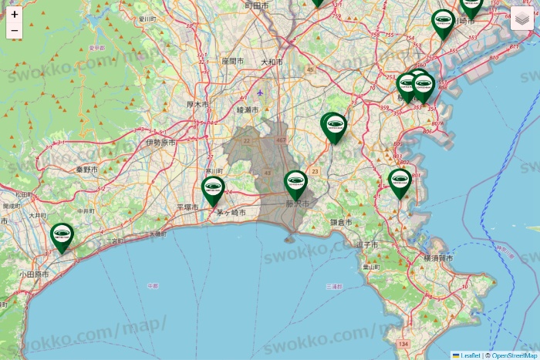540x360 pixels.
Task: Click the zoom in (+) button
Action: [15, 14]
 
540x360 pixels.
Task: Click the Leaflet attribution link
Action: [470, 355]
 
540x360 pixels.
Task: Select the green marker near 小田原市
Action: [62, 236]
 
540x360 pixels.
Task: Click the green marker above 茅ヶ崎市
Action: [213, 190]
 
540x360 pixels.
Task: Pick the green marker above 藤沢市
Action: [296, 183]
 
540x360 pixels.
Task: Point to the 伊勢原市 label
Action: [160, 143]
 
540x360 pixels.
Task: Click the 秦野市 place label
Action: [87, 169]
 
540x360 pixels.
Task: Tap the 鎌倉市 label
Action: [341, 222]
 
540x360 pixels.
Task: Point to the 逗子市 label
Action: [367, 244]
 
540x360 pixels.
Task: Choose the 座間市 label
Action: [232, 60]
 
